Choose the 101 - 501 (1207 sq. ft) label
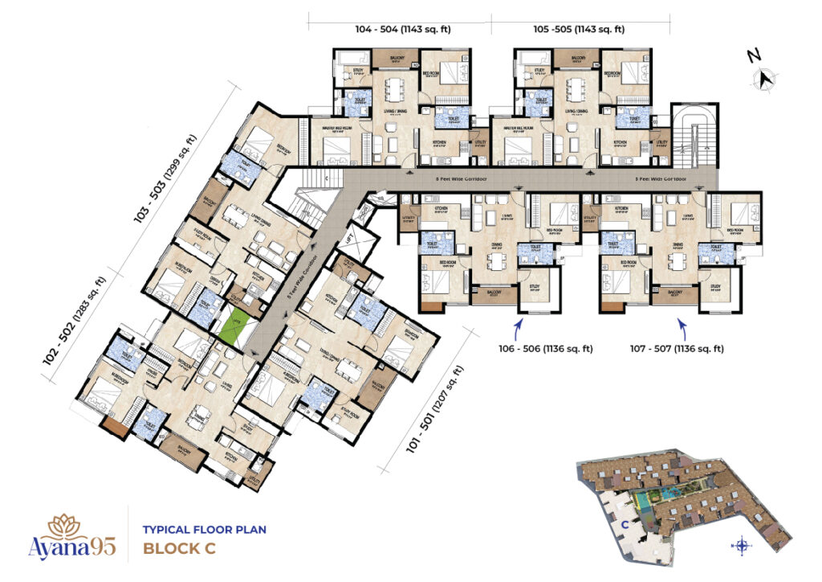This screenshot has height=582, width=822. (x=434, y=408)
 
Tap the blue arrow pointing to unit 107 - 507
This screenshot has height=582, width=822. (x=682, y=326)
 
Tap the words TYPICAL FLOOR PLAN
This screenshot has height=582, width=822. (x=204, y=530)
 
